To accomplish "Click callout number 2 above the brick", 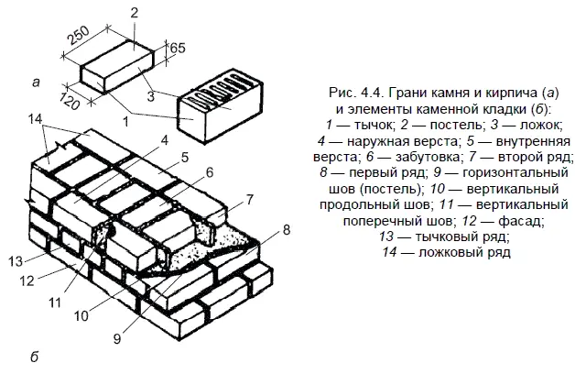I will (134, 12).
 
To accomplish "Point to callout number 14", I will (35, 119).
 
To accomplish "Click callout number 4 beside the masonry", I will (164, 139).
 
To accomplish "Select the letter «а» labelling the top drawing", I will (35, 84).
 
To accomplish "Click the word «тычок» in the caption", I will (371, 124).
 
